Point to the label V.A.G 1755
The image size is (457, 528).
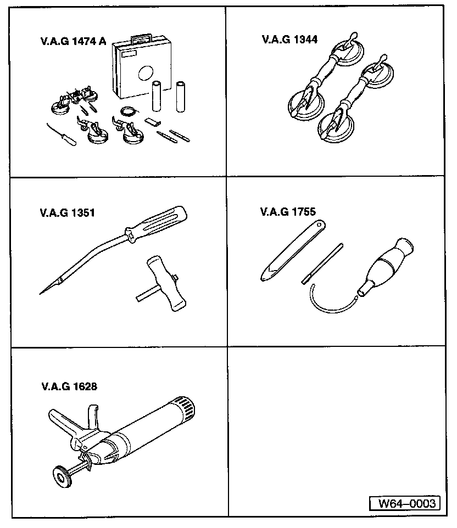(x=288, y=211)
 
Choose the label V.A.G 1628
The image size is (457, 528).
(x=69, y=386)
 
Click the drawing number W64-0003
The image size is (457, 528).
(x=404, y=503)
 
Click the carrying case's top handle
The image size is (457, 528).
(x=141, y=38)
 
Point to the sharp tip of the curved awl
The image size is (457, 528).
(x=42, y=293)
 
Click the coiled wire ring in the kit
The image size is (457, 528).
(x=130, y=111)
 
